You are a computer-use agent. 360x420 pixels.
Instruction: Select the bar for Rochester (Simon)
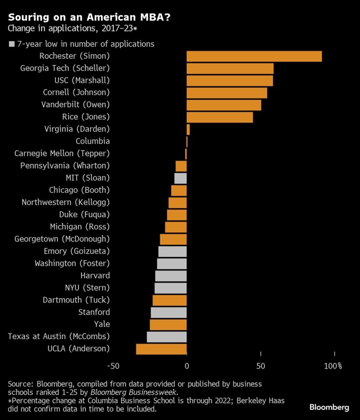(254, 57)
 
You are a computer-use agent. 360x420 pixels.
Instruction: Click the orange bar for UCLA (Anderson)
(161, 349)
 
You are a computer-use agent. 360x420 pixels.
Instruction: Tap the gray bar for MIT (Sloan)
(181, 178)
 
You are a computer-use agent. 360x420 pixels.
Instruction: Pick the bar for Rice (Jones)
(219, 118)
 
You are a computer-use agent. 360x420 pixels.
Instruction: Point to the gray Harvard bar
(171, 276)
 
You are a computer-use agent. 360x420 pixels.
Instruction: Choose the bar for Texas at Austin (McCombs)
(167, 337)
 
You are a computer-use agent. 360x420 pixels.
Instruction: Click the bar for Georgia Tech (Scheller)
(230, 69)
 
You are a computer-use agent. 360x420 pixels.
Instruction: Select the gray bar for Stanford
(169, 312)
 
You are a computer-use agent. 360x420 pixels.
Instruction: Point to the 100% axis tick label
(333, 365)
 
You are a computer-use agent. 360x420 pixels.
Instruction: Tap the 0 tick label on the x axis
(187, 365)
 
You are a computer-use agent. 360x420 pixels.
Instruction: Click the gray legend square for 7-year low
(12, 45)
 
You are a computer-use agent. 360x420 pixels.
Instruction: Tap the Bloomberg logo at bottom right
(329, 407)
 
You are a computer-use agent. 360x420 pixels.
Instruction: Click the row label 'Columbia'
(92, 141)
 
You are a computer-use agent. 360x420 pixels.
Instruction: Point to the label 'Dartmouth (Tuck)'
(76, 300)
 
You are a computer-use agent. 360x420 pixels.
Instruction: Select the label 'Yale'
(101, 324)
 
